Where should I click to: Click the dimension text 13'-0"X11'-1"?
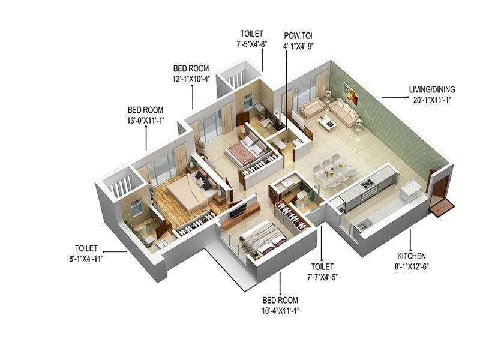point(145,121)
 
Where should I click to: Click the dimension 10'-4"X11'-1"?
point(281,310)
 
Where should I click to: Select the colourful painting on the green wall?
point(350,91)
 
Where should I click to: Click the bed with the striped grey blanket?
point(262,239)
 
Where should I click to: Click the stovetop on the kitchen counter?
point(367,182)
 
